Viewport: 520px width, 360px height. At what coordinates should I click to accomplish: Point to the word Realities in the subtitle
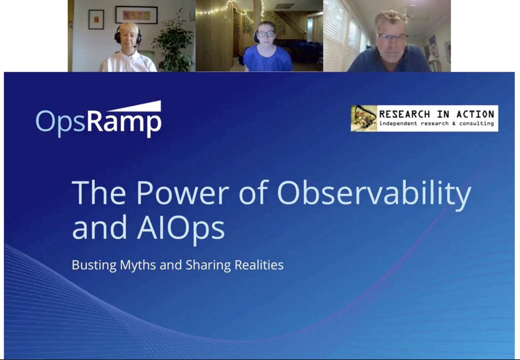click(x=259, y=265)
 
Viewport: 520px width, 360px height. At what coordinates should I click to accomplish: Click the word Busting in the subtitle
click(x=94, y=265)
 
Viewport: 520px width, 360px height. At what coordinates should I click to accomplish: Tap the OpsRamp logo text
click(x=99, y=123)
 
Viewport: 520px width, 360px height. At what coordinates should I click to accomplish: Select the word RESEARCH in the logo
click(x=404, y=114)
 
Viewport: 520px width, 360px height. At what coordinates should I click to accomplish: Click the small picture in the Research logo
click(x=364, y=119)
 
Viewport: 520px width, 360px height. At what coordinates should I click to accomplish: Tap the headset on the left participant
click(x=128, y=35)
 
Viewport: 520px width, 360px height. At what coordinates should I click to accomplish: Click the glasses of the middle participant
click(x=266, y=34)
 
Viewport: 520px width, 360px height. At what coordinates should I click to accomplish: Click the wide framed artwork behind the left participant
click(x=136, y=15)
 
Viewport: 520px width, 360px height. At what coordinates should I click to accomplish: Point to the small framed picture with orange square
click(x=96, y=20)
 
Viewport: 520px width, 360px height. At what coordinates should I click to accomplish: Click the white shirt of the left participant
click(x=127, y=61)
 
